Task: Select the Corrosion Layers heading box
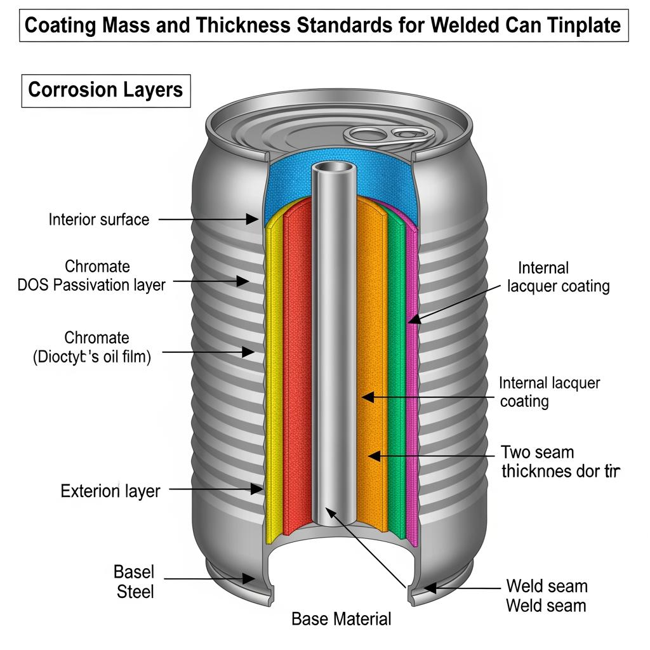click(x=105, y=90)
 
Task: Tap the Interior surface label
click(x=99, y=220)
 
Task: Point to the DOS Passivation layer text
click(x=91, y=285)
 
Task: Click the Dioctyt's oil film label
click(x=91, y=357)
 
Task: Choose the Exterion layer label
click(x=110, y=491)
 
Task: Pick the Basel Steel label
click(x=134, y=581)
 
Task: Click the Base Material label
click(x=342, y=619)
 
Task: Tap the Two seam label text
click(x=537, y=453)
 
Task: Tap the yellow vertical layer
click(x=274, y=381)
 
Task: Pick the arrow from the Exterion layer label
click(x=216, y=489)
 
